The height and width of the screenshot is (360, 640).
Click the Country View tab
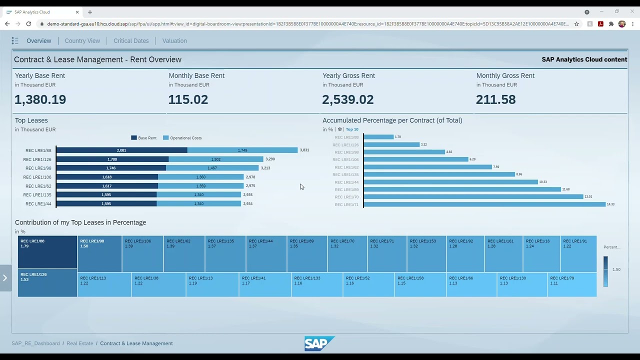[x=82, y=41]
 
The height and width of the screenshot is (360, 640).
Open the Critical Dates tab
[x=131, y=41]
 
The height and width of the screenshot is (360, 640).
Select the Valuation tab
[x=174, y=41]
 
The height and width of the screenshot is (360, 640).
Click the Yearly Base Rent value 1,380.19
[x=40, y=99]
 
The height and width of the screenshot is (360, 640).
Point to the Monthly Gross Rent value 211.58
[x=495, y=99]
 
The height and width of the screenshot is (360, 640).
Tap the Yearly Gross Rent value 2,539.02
[x=347, y=99]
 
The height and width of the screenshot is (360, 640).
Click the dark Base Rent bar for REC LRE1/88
[x=121, y=150]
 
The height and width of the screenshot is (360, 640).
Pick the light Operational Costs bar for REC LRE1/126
[x=215, y=159]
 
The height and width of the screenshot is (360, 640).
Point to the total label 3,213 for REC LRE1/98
[x=265, y=168]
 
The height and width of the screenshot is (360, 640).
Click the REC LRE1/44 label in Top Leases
[x=38, y=204]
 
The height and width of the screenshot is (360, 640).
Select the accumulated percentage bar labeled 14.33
[x=484, y=204]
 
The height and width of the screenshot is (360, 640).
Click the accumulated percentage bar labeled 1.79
[x=378, y=137]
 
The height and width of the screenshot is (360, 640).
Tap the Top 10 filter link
[x=352, y=129]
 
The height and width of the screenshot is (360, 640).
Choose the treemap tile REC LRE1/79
[x=571, y=284]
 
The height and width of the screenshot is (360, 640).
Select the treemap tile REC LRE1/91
[x=578, y=254]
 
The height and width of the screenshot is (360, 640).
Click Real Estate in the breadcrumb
[x=80, y=343]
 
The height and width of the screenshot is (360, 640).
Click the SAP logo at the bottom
[x=319, y=343]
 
